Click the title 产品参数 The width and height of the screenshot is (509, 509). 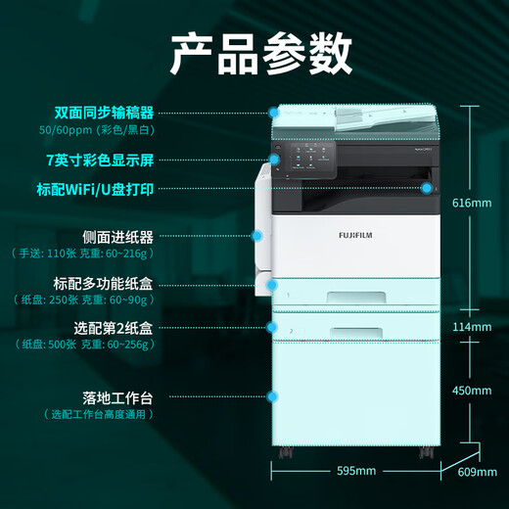[x=261, y=53]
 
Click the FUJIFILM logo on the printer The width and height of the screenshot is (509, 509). [x=355, y=235]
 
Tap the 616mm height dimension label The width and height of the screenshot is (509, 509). [x=472, y=203]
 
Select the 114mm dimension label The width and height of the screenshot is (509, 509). [x=472, y=327]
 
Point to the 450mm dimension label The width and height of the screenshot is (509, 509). [x=472, y=391]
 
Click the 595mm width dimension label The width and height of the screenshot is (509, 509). [x=356, y=471]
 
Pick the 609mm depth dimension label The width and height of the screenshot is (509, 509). [x=478, y=472]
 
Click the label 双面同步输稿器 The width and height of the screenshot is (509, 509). [x=104, y=113]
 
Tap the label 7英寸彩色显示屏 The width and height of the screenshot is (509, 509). [x=100, y=160]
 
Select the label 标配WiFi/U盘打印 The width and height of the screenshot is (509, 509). [x=95, y=189]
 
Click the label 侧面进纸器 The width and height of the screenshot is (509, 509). [x=117, y=237]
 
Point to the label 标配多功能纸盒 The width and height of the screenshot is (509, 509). [x=103, y=284]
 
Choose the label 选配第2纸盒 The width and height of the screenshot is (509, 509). [x=114, y=328]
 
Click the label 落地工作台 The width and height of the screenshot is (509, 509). [x=117, y=398]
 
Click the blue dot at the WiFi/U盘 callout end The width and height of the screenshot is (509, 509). [x=427, y=188]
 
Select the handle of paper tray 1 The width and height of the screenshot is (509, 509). [x=356, y=298]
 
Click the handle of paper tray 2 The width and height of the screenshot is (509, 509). [x=356, y=333]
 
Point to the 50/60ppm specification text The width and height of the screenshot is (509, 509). [x=97, y=130]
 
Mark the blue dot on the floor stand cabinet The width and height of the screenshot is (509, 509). [x=272, y=396]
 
